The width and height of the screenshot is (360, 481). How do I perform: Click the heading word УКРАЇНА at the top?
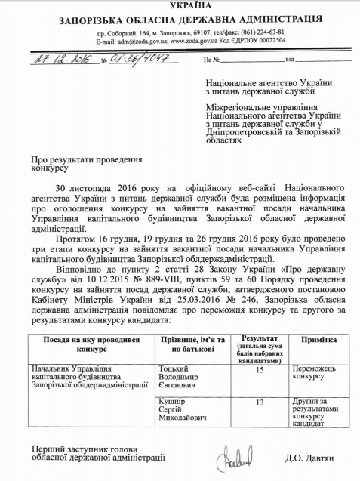(x=180, y=5)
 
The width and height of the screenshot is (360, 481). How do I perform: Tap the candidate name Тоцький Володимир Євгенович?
(x=184, y=377)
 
